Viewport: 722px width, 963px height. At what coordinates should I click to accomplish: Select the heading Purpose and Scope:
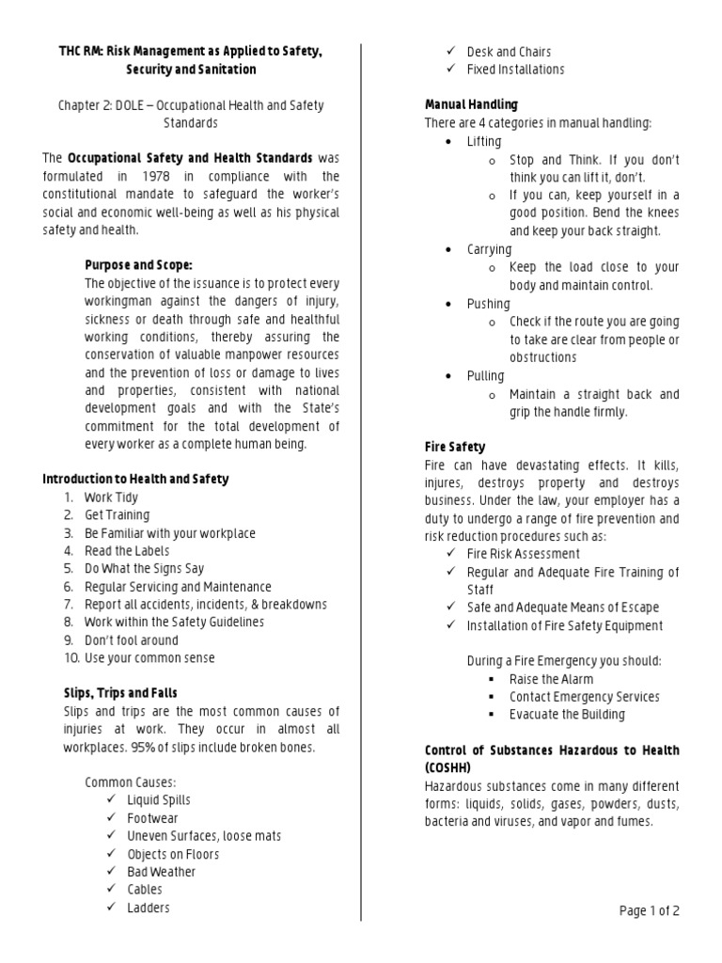[x=138, y=265]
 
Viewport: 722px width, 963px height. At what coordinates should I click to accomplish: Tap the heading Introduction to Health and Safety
[x=135, y=480]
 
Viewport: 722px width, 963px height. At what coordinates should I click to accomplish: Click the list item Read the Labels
[x=127, y=551]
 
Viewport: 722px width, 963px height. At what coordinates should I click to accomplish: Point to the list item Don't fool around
[x=131, y=640]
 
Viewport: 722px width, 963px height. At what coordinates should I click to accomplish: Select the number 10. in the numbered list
[x=71, y=658]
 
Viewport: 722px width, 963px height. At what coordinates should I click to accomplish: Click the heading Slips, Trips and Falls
[x=119, y=693]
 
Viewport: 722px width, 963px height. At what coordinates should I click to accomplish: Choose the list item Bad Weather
[x=162, y=872]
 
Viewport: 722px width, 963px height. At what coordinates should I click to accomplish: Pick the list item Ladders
[x=149, y=908]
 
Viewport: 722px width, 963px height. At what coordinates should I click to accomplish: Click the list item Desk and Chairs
[x=509, y=52]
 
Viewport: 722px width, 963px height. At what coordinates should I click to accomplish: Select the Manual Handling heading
[x=471, y=104]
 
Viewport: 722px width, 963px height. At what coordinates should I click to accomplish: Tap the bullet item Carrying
[x=489, y=250]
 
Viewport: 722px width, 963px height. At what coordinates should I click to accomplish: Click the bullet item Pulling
[x=485, y=376]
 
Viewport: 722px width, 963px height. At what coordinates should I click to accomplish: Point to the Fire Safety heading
[x=455, y=447]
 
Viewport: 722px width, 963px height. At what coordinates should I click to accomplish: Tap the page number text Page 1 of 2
[x=649, y=910]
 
